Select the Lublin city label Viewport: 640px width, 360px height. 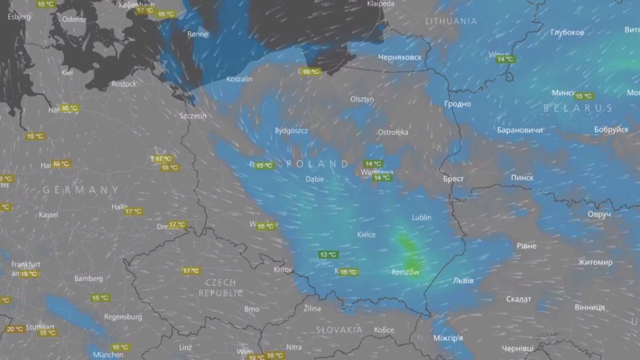[x=421, y=218]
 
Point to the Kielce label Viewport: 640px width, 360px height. [x=366, y=235]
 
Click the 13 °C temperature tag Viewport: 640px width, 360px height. [x=327, y=254]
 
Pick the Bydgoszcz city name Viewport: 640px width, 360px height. [x=291, y=130]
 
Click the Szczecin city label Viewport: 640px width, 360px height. [x=193, y=116]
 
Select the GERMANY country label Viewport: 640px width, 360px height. [x=81, y=190]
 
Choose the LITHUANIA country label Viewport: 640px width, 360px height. [x=451, y=21]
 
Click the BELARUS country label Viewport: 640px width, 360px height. [x=578, y=108]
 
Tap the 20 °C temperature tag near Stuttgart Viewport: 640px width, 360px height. [x=14, y=329]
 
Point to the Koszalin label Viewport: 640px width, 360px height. [x=239, y=79]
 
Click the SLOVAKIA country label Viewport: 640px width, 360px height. [x=339, y=330]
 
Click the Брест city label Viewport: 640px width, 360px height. [x=453, y=179]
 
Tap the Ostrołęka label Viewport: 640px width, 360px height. [x=393, y=132]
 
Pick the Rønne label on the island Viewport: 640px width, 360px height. [x=197, y=34]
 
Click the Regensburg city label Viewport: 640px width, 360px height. [x=123, y=317]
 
